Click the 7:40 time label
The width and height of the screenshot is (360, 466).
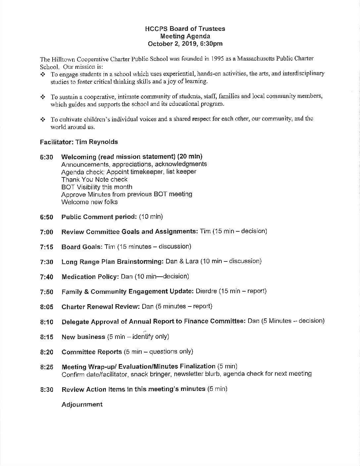[46, 277]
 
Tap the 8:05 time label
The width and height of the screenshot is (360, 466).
[46, 307]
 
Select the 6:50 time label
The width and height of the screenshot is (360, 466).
[46, 217]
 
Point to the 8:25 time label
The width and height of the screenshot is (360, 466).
[46, 367]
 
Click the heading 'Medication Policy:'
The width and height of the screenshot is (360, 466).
[90, 276]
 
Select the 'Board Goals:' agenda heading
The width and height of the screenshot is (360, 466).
[82, 247]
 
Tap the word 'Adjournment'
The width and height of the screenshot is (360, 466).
[82, 404]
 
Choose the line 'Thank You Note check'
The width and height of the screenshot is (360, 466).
[94, 179]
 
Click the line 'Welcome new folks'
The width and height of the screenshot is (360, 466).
[89, 202]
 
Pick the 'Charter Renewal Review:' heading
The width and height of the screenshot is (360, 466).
[101, 306]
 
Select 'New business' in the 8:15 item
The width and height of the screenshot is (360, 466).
[83, 337]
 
